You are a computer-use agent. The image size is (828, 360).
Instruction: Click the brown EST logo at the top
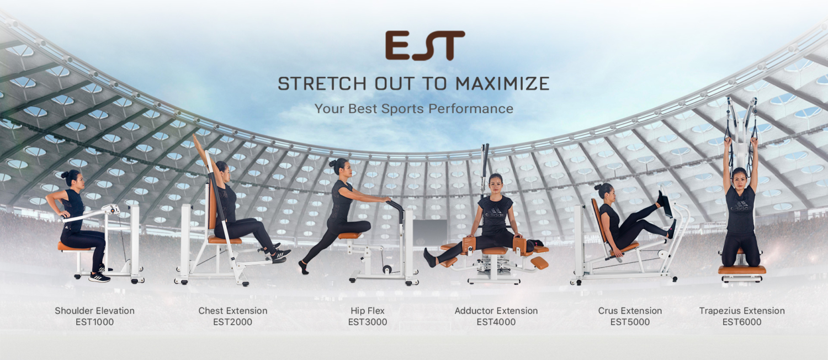click(x=425, y=45)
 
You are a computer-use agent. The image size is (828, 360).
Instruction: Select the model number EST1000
click(x=94, y=322)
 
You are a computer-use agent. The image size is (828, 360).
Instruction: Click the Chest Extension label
click(x=233, y=311)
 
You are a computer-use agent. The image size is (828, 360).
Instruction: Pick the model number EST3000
click(x=368, y=322)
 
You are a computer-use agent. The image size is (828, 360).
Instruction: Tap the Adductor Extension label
click(x=496, y=311)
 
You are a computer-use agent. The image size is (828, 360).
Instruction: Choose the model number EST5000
click(x=630, y=322)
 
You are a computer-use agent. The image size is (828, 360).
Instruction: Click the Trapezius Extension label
click(x=742, y=311)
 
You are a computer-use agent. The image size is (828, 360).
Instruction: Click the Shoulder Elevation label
click(x=94, y=311)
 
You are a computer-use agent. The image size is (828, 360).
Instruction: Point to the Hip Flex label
click(x=368, y=311)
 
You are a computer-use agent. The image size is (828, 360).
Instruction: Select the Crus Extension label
click(x=630, y=311)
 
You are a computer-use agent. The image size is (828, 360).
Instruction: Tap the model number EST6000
click(x=742, y=322)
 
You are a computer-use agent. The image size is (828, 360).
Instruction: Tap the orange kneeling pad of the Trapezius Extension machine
click(x=742, y=269)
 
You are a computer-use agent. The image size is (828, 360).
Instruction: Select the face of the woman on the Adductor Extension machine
click(x=495, y=184)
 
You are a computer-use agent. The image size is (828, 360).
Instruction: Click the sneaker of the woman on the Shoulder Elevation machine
click(x=100, y=277)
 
